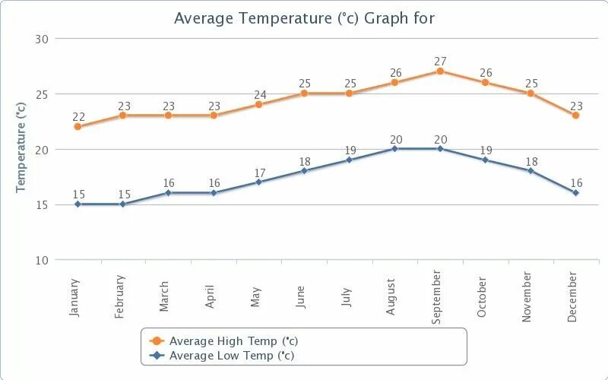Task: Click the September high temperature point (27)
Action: coord(440,71)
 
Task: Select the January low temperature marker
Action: coord(77,204)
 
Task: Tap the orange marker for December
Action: coord(575,116)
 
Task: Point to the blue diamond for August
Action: coord(394,149)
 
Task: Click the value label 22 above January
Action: coord(78,117)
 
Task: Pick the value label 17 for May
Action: coord(260,173)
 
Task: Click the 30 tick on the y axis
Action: coord(42,39)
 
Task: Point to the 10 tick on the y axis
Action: coord(42,260)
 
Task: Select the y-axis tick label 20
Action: coord(42,150)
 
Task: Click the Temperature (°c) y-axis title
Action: coord(21,150)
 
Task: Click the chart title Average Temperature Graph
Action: coord(304,17)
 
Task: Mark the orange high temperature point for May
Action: coord(258,104)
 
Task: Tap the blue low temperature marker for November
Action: coord(530,170)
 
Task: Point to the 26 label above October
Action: coord(486,73)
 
